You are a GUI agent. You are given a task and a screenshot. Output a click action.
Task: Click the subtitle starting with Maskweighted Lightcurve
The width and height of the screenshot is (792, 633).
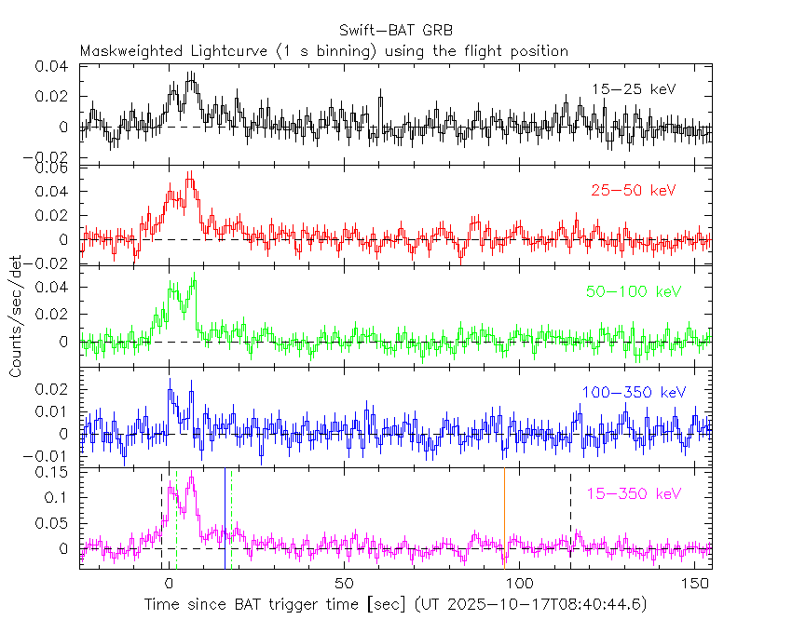coord(324,51)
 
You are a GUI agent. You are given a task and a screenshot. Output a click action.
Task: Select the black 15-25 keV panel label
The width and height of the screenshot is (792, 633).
coord(633,89)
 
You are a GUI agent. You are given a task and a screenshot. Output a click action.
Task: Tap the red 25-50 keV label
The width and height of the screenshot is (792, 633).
coord(633,191)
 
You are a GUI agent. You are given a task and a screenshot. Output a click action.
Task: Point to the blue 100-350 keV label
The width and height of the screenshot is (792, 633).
coord(628,394)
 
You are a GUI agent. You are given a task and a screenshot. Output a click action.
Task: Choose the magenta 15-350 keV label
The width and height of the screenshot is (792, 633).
coord(633,493)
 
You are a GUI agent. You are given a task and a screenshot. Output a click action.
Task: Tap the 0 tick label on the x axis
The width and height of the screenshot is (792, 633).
coord(169,585)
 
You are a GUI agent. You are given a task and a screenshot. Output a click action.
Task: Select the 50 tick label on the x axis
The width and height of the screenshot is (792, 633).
coord(344,585)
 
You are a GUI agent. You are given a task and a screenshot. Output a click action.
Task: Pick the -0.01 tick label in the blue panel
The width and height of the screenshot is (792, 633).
coord(52,456)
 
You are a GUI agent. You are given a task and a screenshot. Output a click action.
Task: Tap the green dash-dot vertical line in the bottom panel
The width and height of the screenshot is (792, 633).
coord(232,521)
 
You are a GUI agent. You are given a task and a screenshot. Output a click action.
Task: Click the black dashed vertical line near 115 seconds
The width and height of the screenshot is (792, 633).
coord(571,521)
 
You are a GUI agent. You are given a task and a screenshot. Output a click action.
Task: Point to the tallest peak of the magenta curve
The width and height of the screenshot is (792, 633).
coord(191,478)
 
